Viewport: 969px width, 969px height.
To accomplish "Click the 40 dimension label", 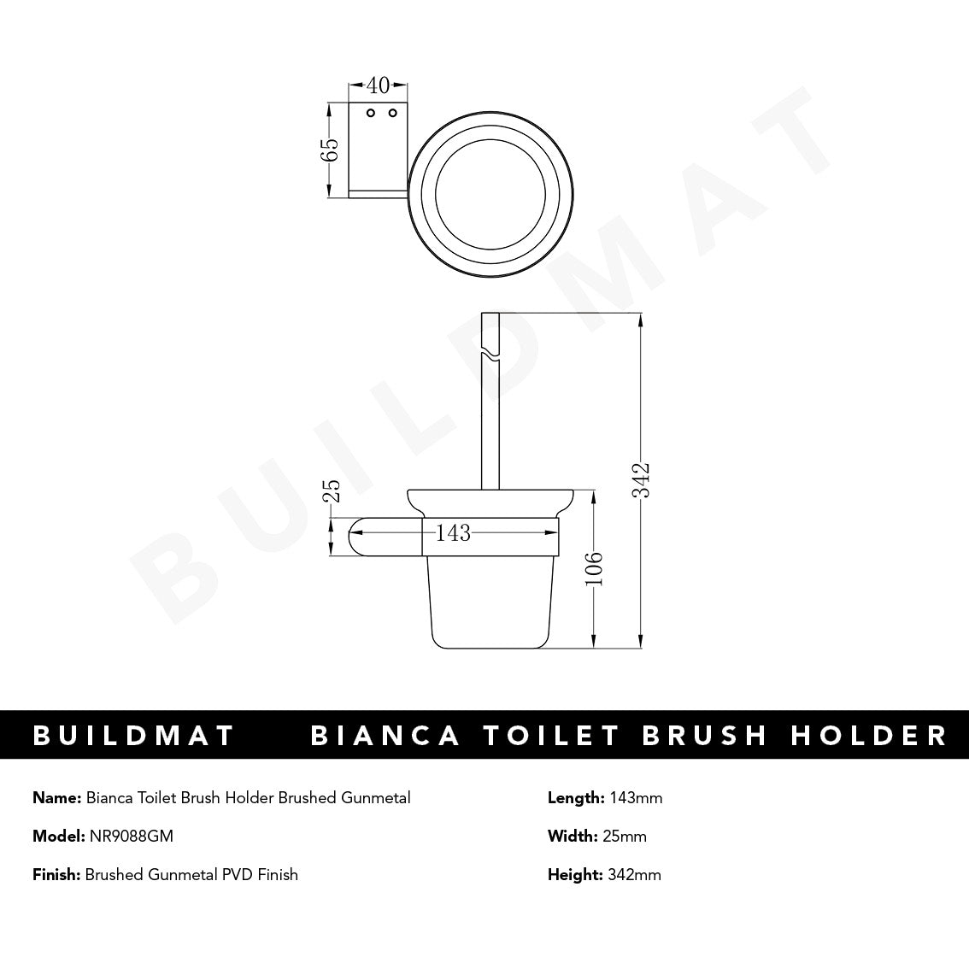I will point(378,85).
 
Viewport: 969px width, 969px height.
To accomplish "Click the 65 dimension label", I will point(330,150).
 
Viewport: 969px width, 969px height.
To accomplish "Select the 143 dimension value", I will point(453,533).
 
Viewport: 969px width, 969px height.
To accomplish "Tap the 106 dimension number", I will point(595,569).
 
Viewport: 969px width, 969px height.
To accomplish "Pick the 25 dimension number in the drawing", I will point(332,490).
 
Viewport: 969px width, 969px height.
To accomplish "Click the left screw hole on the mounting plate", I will point(371,113).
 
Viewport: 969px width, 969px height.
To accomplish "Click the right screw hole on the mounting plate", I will point(392,113).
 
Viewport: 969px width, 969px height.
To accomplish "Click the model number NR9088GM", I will point(131,837).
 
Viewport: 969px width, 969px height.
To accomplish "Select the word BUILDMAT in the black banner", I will point(133,736).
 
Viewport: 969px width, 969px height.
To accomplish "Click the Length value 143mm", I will point(636,798).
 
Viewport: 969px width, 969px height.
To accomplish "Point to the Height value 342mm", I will point(634,874).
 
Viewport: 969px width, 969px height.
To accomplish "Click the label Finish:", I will point(56,874).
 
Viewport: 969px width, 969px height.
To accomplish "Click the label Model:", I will point(59,837).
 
